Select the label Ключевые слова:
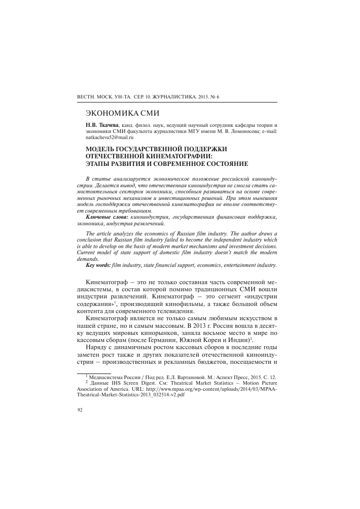click(x=107, y=217)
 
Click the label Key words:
click(x=102, y=265)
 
